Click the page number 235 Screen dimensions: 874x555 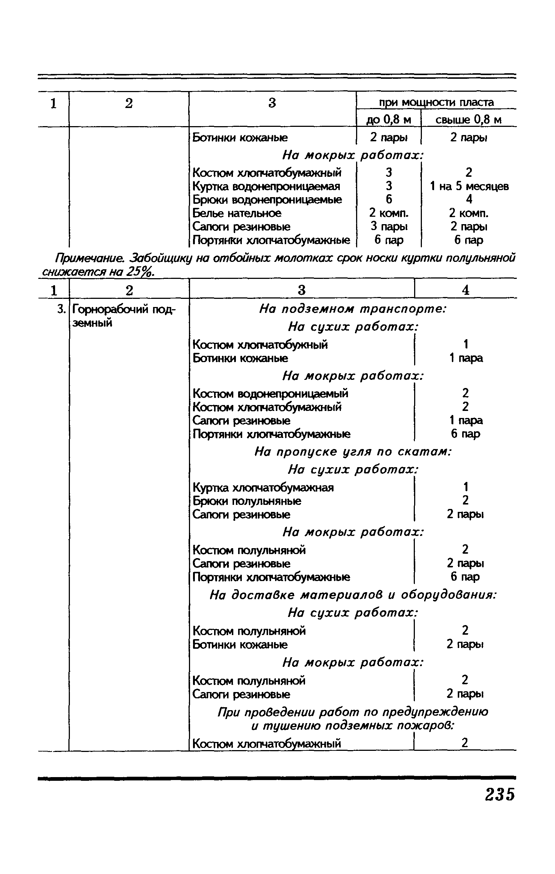pos(500,795)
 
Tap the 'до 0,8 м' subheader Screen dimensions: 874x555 pos(389,120)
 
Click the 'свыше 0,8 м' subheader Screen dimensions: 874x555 pos(468,120)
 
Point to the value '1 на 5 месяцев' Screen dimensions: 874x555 pos(469,186)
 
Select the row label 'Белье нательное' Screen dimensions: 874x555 pos(237,213)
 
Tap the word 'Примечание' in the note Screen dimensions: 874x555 pos(92,257)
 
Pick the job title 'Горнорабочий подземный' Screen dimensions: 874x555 pos(124,315)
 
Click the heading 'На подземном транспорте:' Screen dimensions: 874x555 pos(353,309)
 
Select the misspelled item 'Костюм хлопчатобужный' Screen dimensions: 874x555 pos(260,345)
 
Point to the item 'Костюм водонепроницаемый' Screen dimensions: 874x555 pos(270,393)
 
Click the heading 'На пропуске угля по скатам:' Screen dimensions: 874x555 pos(353,452)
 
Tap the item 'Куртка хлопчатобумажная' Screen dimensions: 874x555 pos(263,487)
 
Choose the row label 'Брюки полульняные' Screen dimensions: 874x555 pos(247,501)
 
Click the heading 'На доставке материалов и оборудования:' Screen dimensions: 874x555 pos(353,595)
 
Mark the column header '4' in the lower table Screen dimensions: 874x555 pos(466,290)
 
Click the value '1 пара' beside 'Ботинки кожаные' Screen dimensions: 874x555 pos(466,358)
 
